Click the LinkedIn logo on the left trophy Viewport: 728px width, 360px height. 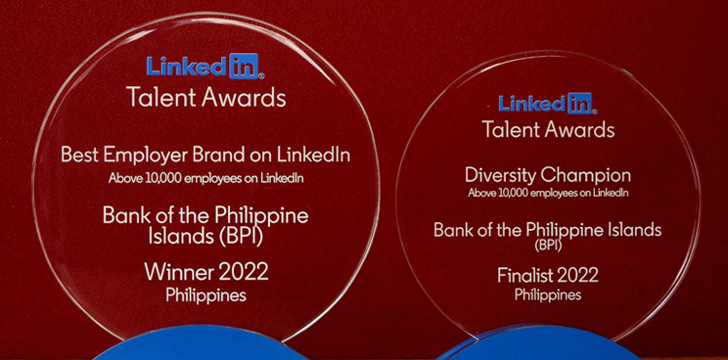point(205,67)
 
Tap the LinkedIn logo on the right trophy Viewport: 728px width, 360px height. point(547,103)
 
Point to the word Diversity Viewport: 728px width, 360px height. point(498,176)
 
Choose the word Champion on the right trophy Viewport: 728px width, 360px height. point(582,176)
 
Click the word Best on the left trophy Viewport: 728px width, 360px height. point(78,155)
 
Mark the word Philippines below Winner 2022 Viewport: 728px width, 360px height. point(205,292)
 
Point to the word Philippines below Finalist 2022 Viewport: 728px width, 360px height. point(548,293)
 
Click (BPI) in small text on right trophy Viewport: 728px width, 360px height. point(547,246)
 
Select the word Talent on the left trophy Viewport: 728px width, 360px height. point(159,98)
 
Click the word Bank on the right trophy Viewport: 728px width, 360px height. point(453,231)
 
